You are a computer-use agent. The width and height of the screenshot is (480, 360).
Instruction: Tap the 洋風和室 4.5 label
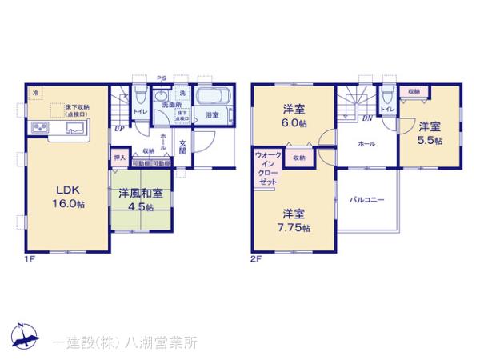coord(141,198)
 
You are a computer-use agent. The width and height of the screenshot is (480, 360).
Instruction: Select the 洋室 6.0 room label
coord(294,115)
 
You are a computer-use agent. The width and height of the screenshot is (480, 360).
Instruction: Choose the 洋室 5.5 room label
coord(430,132)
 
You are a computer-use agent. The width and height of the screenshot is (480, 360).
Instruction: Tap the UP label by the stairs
coord(118,127)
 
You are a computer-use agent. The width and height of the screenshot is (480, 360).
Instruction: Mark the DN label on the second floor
coord(366,118)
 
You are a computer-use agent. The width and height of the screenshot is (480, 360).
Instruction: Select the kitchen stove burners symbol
coord(39,128)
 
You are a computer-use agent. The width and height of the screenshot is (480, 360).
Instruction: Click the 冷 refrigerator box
coord(35,93)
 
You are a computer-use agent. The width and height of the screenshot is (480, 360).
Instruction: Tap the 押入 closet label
coord(119,158)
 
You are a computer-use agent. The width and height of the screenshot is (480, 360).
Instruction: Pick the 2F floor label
coord(256,258)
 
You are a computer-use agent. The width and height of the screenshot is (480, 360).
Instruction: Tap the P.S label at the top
coord(162,78)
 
